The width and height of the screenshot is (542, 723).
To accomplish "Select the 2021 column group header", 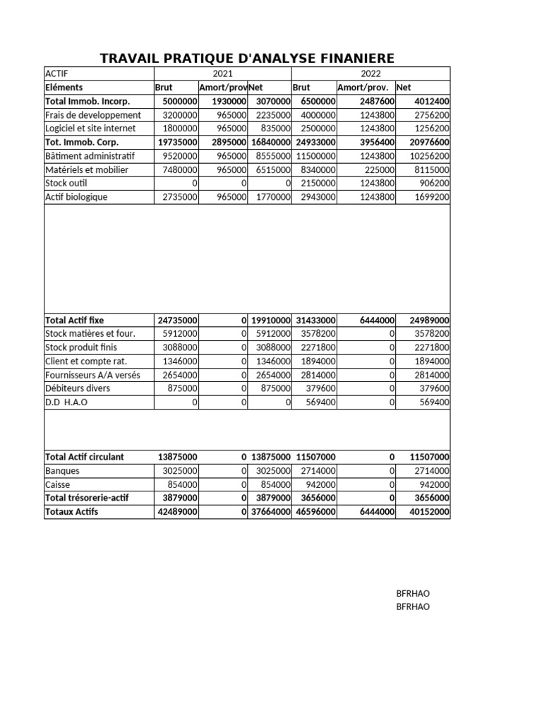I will click(x=222, y=73).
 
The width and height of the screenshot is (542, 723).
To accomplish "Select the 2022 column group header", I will click(x=371, y=73).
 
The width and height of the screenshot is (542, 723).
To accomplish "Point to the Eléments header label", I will click(x=64, y=88).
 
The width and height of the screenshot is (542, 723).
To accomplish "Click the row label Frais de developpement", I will click(x=92, y=115).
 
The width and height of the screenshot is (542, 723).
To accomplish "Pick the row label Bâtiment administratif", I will click(x=89, y=156).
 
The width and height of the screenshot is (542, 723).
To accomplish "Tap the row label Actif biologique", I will click(x=76, y=197).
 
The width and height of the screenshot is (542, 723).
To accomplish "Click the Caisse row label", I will click(x=57, y=484).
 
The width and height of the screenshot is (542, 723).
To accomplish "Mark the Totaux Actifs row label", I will click(x=71, y=512).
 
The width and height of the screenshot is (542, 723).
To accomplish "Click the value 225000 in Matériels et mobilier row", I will click(x=378, y=169).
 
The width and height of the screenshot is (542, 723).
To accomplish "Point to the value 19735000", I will click(x=178, y=142).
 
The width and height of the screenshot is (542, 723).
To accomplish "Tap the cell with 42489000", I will click(x=178, y=512).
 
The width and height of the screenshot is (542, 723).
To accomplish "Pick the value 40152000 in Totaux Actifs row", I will click(x=430, y=512).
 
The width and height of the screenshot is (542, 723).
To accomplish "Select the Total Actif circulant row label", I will click(x=84, y=457).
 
